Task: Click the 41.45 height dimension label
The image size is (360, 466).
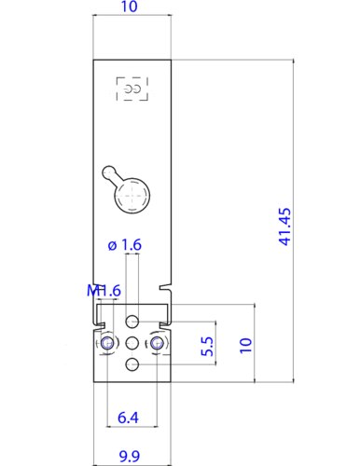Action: (285, 226)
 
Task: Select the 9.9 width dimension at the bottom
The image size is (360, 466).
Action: (130, 456)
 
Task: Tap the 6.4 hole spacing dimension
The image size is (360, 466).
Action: (128, 418)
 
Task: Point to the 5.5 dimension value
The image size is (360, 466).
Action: (207, 347)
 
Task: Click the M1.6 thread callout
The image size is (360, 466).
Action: (104, 291)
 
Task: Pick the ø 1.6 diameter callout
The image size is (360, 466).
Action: (125, 245)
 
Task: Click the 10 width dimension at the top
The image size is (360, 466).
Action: (129, 7)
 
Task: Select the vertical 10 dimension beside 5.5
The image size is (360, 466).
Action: (245, 345)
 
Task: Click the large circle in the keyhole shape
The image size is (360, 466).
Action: (132, 196)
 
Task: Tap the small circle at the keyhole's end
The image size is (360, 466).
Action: (109, 172)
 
